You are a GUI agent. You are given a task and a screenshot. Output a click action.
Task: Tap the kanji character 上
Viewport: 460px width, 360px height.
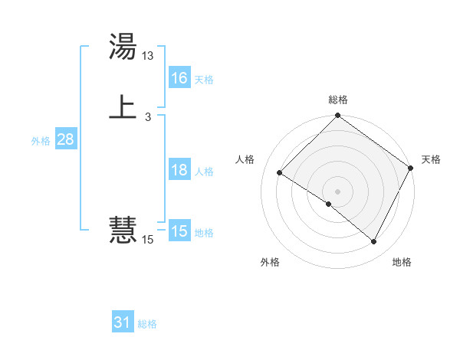tap(123, 107)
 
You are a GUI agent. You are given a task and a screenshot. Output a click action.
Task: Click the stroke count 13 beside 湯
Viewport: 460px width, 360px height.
tap(148, 56)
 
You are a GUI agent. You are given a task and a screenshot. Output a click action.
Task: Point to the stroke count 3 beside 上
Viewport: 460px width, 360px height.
tap(147, 116)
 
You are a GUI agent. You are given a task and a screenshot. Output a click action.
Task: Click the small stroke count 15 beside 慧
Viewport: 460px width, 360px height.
tap(148, 240)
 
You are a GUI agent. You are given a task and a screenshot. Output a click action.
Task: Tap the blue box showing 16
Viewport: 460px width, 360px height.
tap(179, 78)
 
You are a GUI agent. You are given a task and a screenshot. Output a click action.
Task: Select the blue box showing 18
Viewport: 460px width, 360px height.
tap(179, 170)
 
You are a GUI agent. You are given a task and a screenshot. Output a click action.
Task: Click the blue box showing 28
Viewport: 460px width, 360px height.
tap(65, 139)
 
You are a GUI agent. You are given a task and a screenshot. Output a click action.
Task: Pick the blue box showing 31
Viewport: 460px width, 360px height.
tap(123, 322)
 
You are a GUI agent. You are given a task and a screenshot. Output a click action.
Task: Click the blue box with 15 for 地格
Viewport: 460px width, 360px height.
tap(179, 231)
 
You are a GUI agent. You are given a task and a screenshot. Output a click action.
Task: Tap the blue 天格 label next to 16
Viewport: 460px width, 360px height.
tap(204, 80)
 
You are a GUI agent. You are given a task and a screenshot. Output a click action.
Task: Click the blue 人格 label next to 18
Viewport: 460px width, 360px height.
tap(204, 172)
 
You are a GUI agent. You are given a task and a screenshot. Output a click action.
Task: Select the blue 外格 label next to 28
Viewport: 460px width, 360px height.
tap(41, 141)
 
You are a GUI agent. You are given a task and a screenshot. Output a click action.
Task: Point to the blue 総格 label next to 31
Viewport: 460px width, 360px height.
tap(147, 324)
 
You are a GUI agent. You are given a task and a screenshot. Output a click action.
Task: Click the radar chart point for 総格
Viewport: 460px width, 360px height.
tap(337, 116)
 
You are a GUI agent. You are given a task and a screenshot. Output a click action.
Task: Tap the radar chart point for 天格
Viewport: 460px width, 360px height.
tap(410, 168)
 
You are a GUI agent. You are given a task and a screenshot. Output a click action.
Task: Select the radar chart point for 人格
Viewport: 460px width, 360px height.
tap(280, 172)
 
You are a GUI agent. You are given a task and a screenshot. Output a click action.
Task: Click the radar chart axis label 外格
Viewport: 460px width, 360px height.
tap(270, 262)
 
